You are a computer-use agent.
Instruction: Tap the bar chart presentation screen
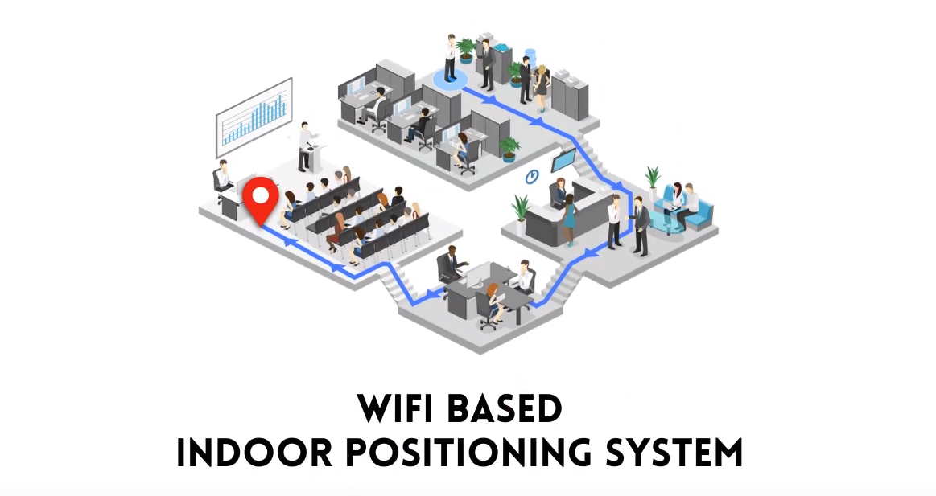click(254, 117)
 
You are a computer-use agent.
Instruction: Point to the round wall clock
click(531, 176)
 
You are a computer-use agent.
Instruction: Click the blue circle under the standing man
click(450, 79)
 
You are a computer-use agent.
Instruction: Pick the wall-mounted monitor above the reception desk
click(564, 160)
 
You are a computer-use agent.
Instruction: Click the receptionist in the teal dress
click(570, 219)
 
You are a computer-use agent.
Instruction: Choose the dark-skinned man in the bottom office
click(452, 264)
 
